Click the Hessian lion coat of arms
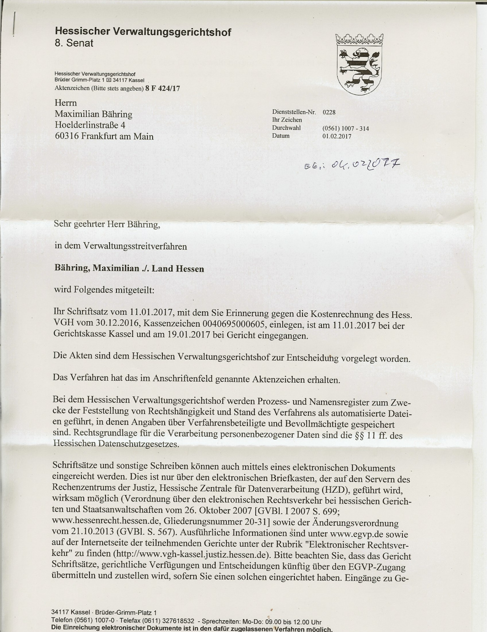359,64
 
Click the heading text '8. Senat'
74,43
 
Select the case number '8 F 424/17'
163,89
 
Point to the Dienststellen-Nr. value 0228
329,112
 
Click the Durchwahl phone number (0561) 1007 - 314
345,129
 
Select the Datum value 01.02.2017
337,136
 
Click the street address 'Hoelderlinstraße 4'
90,125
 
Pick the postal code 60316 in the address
67,136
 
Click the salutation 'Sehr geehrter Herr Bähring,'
107,224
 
